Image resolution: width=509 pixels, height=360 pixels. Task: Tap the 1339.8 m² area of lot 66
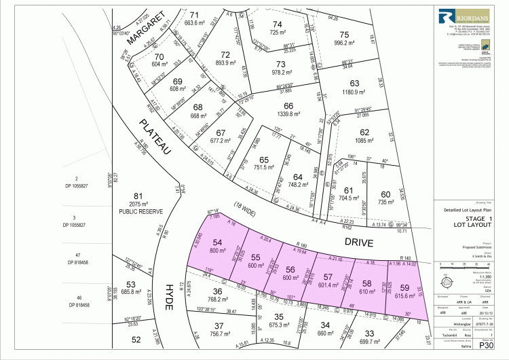288,115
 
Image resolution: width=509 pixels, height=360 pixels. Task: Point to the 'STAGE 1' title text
470,219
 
